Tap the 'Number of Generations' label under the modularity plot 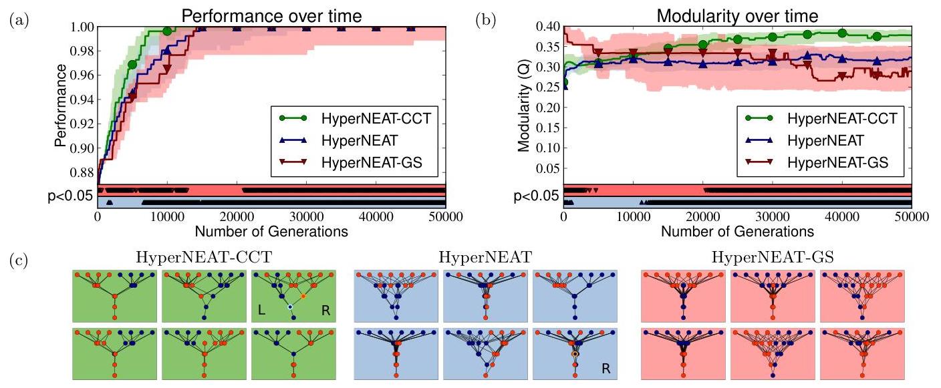[x=737, y=232]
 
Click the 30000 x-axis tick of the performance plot [x=307, y=218]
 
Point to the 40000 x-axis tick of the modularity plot [x=842, y=218]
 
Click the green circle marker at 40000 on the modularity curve [x=842, y=33]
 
